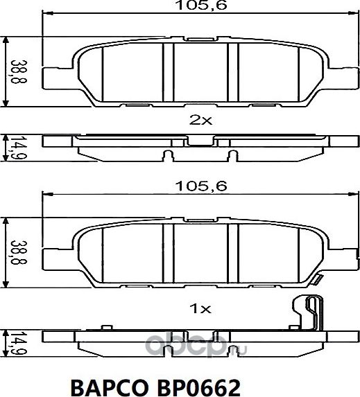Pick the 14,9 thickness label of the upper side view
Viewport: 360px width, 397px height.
[x=12, y=146]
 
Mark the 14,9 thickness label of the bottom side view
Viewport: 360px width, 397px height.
[x=12, y=342]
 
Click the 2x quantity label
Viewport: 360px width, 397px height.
[x=200, y=119]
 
